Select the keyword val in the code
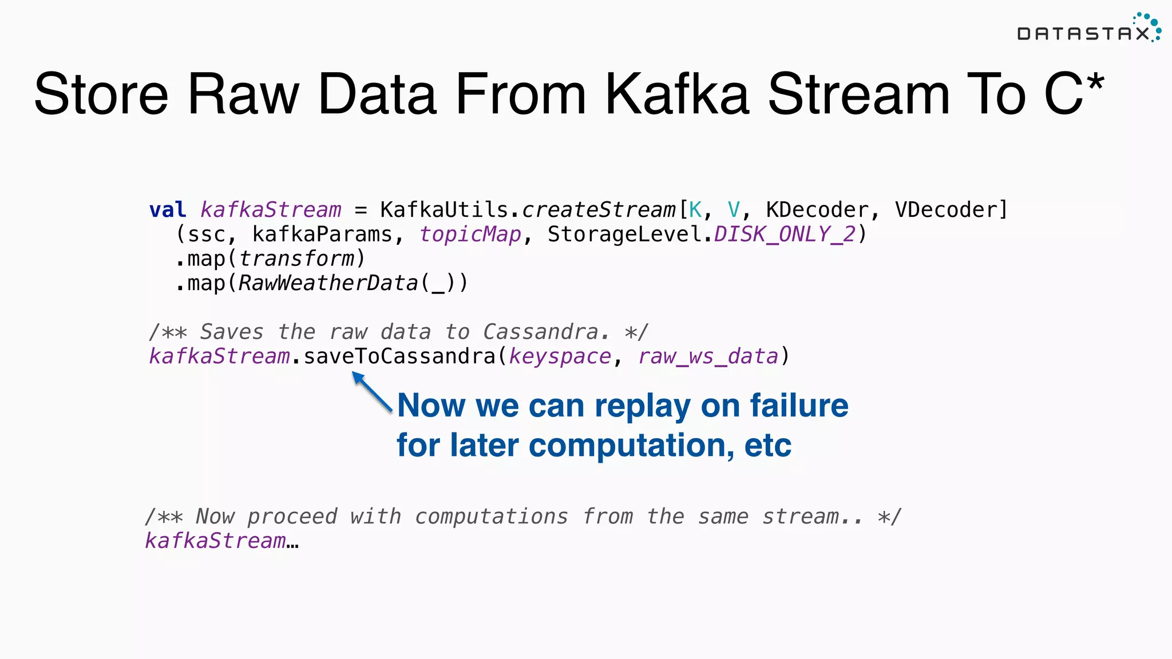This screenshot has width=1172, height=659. pyautogui.click(x=167, y=210)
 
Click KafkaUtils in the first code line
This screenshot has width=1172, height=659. pyautogui.click(x=444, y=210)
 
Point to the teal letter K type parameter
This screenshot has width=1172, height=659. pyautogui.click(x=695, y=210)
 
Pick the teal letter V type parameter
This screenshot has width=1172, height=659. pyautogui.click(x=734, y=210)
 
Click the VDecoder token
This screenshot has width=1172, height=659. pyautogui.click(x=945, y=210)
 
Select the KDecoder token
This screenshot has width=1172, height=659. pyautogui.click(x=817, y=210)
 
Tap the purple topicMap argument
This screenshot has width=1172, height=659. pyautogui.click(x=470, y=235)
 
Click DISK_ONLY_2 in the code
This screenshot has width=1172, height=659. pyautogui.click(x=785, y=235)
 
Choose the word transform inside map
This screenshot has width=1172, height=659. pyautogui.click(x=296, y=259)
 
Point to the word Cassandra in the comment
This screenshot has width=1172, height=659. pyautogui.click(x=540, y=332)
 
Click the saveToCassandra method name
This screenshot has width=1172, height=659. pyautogui.click(x=399, y=356)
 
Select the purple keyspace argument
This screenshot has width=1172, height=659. pyautogui.click(x=560, y=356)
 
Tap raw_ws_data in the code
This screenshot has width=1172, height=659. pyautogui.click(x=708, y=356)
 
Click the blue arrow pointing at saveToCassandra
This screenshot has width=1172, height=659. pyautogui.click(x=371, y=391)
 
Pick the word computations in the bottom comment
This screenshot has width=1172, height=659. pyautogui.click(x=492, y=517)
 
